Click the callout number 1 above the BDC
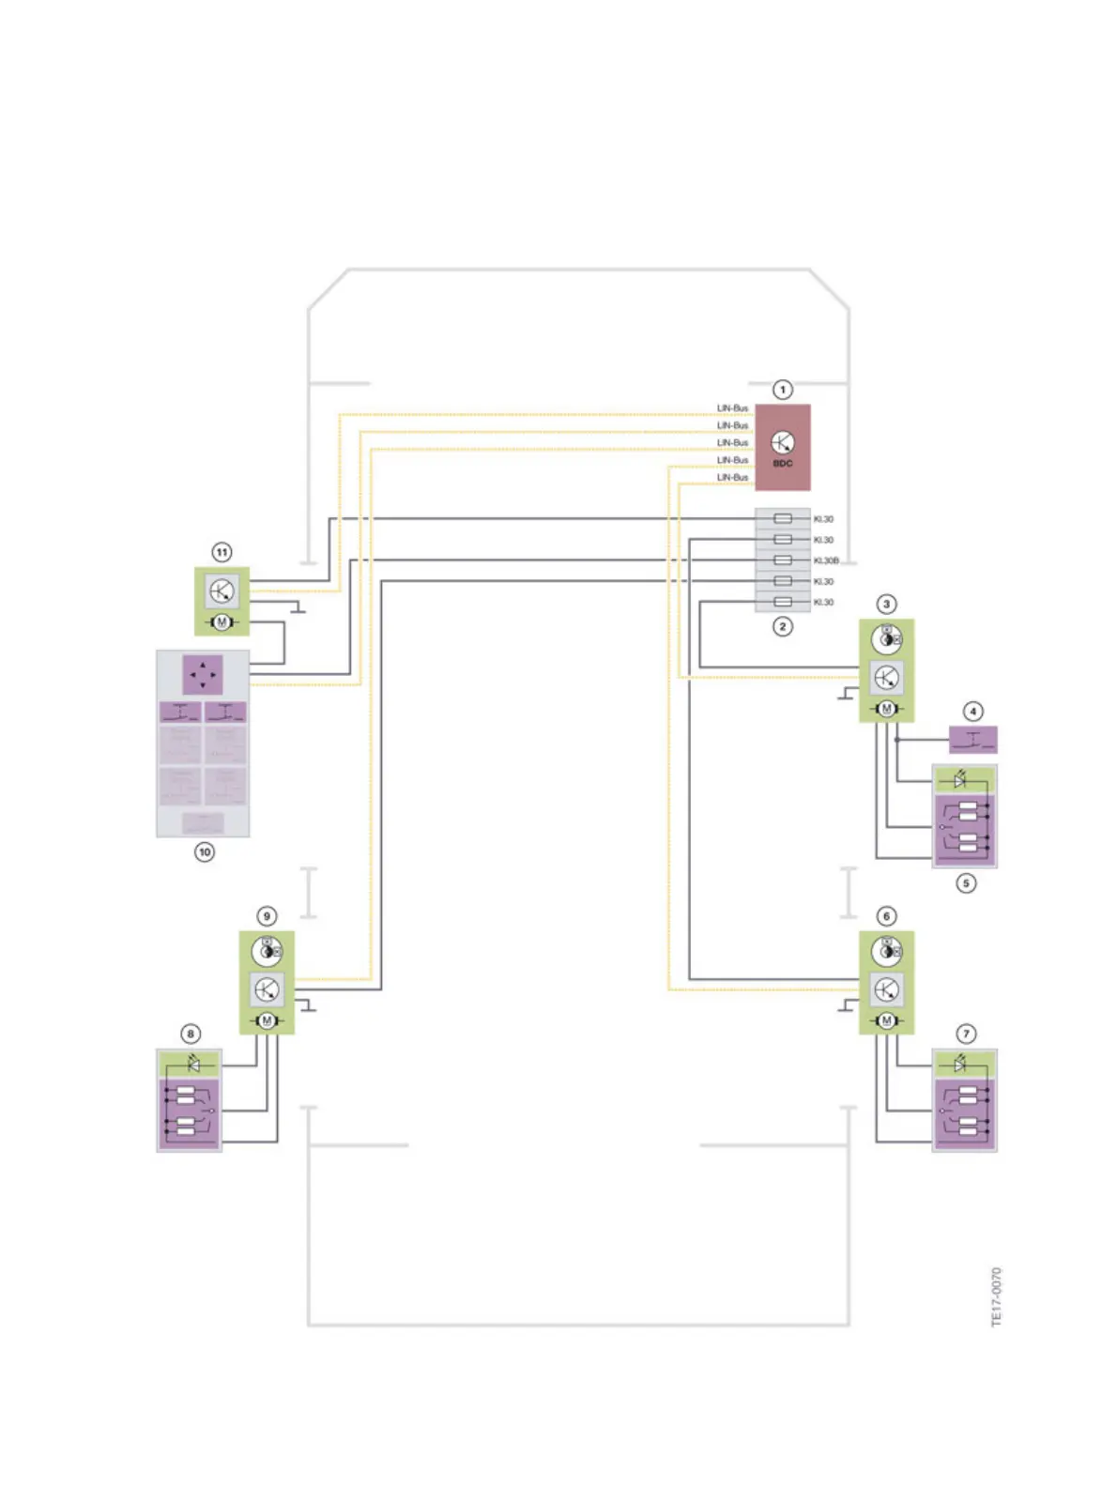(x=782, y=390)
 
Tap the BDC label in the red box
(x=783, y=464)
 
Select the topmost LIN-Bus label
(x=732, y=408)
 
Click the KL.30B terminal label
(x=826, y=560)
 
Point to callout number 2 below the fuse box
(x=783, y=626)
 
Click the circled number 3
(x=886, y=604)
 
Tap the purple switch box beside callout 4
(x=973, y=740)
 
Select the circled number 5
(x=966, y=883)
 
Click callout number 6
(x=886, y=916)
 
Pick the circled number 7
(x=966, y=1034)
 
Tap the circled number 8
(x=191, y=1034)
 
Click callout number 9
(x=267, y=916)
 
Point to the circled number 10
(x=205, y=852)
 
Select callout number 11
(x=222, y=552)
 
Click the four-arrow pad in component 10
(x=203, y=674)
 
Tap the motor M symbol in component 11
(x=222, y=622)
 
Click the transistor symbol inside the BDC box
(x=783, y=442)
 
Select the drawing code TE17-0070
(x=997, y=1296)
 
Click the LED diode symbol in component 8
(x=194, y=1065)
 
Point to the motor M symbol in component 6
(x=886, y=1020)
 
